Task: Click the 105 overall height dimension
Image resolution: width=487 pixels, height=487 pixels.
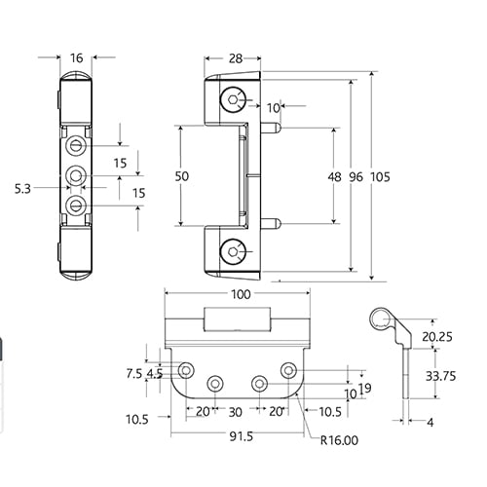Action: tap(380, 177)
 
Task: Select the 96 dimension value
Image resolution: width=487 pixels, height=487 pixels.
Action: tap(356, 177)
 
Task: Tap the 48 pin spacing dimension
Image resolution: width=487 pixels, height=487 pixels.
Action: tap(334, 177)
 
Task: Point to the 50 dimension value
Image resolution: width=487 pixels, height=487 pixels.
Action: tap(182, 176)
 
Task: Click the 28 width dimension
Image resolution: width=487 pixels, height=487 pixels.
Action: tap(236, 58)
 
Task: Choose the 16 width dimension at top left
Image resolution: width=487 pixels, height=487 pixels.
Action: tap(77, 58)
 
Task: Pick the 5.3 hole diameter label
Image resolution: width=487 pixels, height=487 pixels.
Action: tap(22, 189)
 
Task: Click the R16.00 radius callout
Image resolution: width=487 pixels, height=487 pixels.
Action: tap(339, 440)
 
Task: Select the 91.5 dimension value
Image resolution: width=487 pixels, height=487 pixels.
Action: tap(241, 436)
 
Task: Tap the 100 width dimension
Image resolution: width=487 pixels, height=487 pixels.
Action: tap(241, 294)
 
